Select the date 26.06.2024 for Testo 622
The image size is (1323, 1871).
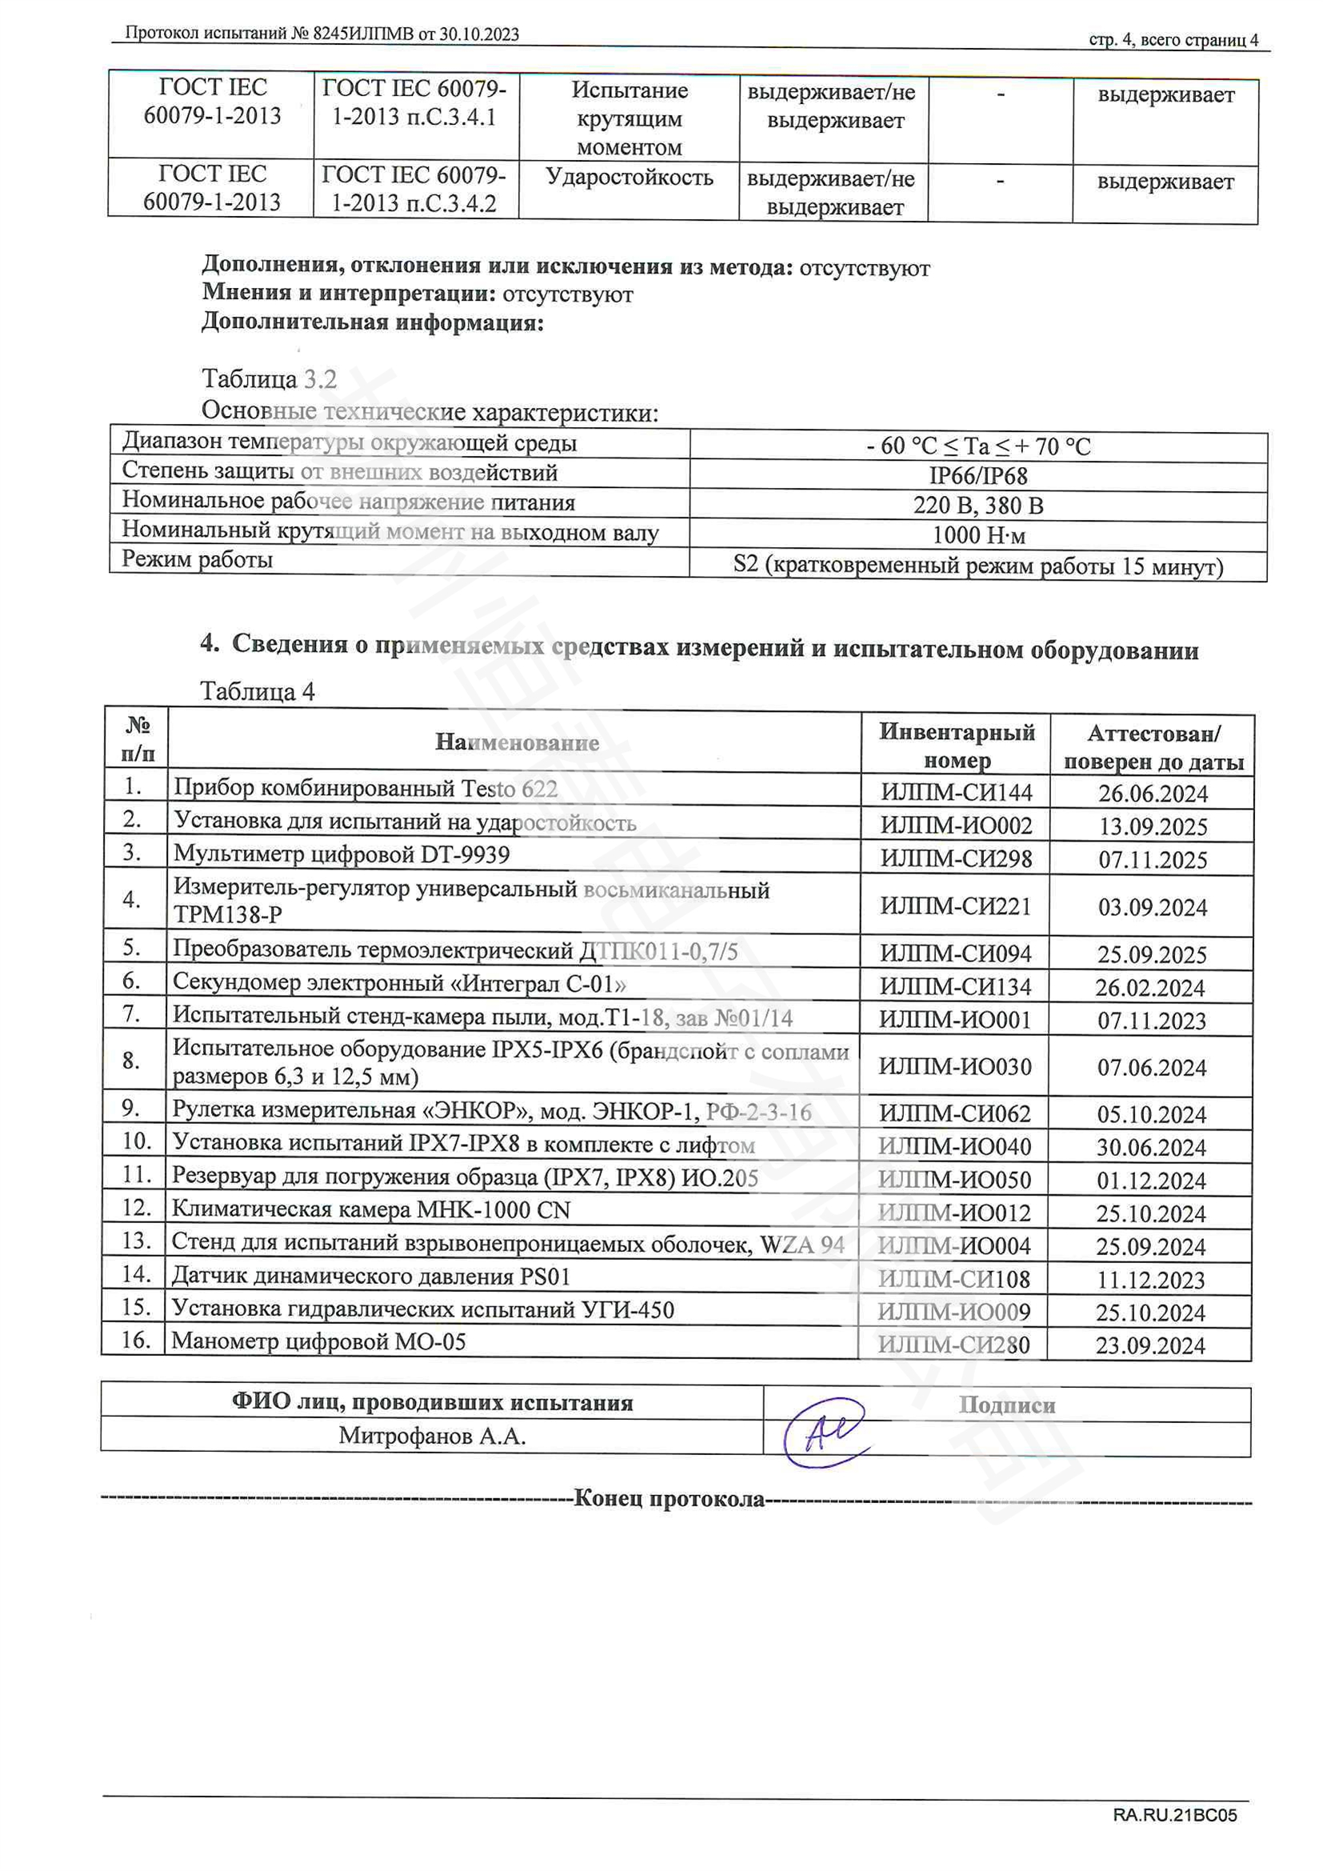pos(1152,793)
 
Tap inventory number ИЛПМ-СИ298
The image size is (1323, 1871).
pos(956,859)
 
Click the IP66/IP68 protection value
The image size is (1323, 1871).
pos(977,476)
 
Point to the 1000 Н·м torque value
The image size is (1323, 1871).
pos(977,535)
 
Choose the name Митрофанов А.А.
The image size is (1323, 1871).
pos(432,1436)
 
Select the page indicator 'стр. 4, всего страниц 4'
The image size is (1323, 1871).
pos(1173,40)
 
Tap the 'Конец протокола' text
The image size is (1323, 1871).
pos(669,1497)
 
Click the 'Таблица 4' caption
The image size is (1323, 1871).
pos(258,692)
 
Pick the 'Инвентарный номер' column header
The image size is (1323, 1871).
pos(957,746)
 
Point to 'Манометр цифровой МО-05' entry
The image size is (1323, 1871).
pos(318,1341)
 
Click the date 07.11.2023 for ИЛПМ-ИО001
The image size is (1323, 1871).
pos(1151,1020)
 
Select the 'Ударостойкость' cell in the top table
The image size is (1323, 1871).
pos(629,178)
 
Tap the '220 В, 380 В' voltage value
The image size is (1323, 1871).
pos(977,506)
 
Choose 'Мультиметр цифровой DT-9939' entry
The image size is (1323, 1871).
pos(342,855)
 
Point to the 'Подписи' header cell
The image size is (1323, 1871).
pos(1006,1405)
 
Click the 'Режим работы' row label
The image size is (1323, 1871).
pos(197,560)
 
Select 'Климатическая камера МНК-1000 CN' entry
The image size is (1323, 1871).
pos(370,1209)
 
